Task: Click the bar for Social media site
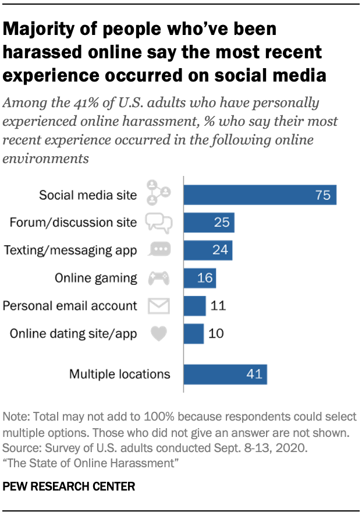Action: click(x=260, y=195)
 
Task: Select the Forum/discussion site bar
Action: click(x=209, y=222)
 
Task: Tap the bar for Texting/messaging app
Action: click(x=208, y=250)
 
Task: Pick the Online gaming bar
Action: click(x=200, y=278)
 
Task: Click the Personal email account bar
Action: click(x=194, y=305)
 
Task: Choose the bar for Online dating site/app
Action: click(x=193, y=333)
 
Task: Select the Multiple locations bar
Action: click(x=225, y=374)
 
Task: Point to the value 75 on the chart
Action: click(x=323, y=195)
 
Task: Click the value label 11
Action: click(x=218, y=305)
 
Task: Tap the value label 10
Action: click(x=216, y=333)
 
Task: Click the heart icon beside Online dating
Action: click(x=158, y=334)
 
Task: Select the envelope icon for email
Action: click(x=158, y=306)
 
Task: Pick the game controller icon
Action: click(x=158, y=278)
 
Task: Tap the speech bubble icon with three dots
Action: click(x=158, y=250)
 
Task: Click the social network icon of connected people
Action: click(x=158, y=193)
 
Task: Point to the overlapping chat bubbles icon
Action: click(x=158, y=222)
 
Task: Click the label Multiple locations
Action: click(x=120, y=374)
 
